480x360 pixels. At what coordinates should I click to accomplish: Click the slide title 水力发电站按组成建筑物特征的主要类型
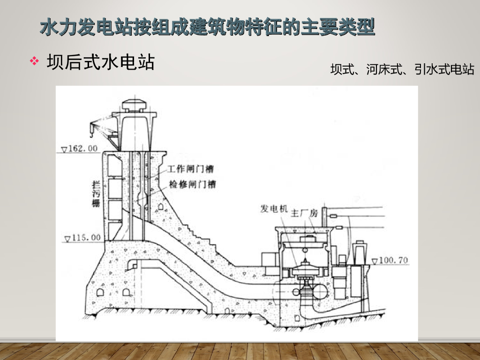[x=207, y=27]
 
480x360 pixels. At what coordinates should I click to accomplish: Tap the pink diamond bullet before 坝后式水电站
[x=34, y=61]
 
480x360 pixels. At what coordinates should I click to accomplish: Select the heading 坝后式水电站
[x=100, y=61]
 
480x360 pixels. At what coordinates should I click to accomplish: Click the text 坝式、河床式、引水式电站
[x=402, y=70]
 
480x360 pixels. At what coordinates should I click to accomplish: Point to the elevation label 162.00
[x=83, y=149]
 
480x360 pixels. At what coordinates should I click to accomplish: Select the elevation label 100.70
[x=393, y=260]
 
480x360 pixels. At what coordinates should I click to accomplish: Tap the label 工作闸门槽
[x=191, y=169]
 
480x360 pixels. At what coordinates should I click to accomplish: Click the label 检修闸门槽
[x=191, y=185]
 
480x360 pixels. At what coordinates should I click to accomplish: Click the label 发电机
[x=274, y=209]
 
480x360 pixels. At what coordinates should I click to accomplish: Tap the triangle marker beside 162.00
[x=65, y=150]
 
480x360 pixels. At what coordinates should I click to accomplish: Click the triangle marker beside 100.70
[x=374, y=261]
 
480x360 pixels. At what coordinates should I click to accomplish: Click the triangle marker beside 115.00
[x=67, y=239]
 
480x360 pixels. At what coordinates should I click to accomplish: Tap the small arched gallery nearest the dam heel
[x=100, y=292]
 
